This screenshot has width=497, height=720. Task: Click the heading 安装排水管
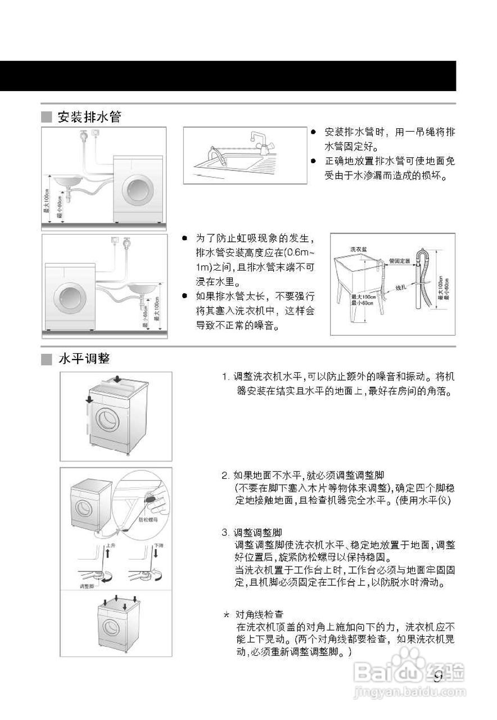pyautogui.click(x=89, y=117)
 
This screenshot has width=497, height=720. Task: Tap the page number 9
pyautogui.click(x=439, y=676)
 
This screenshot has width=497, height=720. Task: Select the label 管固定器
pyautogui.click(x=399, y=261)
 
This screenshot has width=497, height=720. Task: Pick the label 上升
pyautogui.click(x=111, y=546)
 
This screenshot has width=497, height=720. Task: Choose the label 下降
pyautogui.click(x=159, y=546)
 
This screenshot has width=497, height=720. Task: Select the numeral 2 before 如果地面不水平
pyautogui.click(x=225, y=475)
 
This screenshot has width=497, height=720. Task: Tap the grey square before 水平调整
pyautogui.click(x=46, y=359)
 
